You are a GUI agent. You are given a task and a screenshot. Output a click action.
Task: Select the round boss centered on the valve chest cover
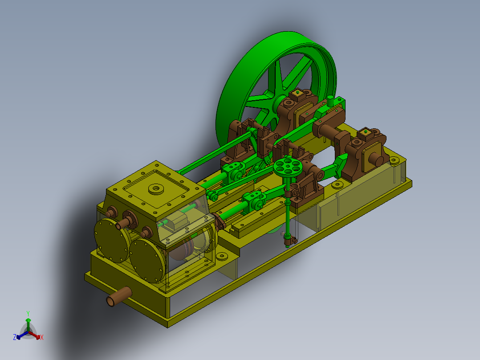tap(156, 188)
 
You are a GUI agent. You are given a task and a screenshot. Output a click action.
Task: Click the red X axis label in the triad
tap(41, 338)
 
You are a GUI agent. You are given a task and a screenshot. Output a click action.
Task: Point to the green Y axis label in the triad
tap(28, 313)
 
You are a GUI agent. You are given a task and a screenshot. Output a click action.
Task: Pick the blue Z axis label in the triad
tap(15, 337)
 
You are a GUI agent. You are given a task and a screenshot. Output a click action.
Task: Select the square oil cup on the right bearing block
tap(365, 132)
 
